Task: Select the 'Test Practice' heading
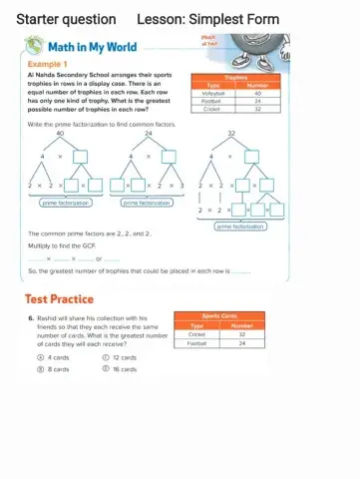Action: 59,298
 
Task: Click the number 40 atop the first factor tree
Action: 61,132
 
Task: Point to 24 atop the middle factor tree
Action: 149,132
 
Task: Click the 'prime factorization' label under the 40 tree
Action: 65,202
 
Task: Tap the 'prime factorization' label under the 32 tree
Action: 241,227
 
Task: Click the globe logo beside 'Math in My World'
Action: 33,47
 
